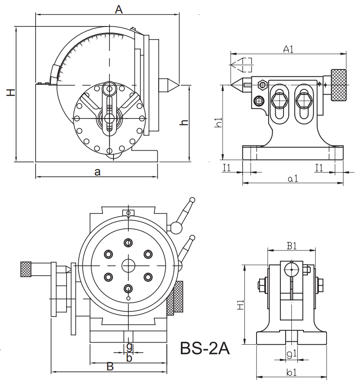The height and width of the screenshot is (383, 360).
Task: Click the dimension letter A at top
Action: click(x=119, y=9)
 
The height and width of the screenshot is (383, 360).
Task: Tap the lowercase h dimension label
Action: click(x=184, y=122)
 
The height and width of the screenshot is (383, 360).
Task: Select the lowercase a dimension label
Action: click(x=97, y=172)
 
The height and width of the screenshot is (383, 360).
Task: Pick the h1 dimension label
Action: click(x=218, y=123)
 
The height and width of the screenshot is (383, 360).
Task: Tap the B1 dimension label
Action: click(x=291, y=246)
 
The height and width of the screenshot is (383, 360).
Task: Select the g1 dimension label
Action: click(x=291, y=354)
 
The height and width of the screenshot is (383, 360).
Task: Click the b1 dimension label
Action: click(x=291, y=373)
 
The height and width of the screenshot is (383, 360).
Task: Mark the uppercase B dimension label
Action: click(x=110, y=367)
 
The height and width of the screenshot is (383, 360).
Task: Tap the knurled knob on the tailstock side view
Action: click(x=339, y=85)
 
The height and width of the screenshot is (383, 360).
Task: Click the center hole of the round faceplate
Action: click(x=129, y=265)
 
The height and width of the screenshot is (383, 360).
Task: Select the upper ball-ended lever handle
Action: click(x=192, y=201)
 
